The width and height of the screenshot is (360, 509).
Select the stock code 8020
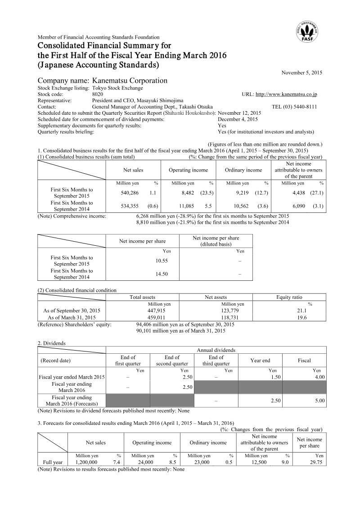tap(97, 95)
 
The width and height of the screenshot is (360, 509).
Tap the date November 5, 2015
tap(301, 72)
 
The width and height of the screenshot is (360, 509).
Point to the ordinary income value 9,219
tap(245, 193)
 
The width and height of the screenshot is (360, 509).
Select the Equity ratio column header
tap(289, 297)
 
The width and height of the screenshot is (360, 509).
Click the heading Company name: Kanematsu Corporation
tap(102, 81)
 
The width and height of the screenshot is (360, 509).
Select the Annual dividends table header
tap(216, 350)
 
